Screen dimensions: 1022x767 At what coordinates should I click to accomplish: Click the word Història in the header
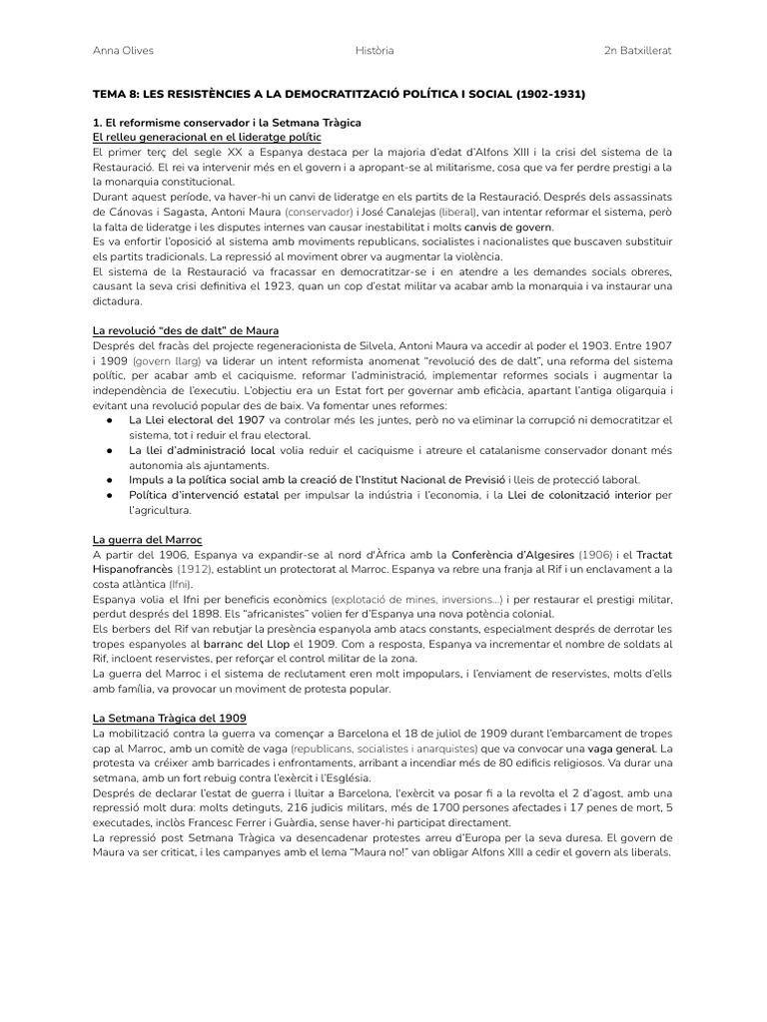pyautogui.click(x=374, y=51)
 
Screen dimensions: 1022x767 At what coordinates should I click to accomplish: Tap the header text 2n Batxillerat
pyautogui.click(x=638, y=51)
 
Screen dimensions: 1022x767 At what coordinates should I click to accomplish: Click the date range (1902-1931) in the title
pyautogui.click(x=550, y=95)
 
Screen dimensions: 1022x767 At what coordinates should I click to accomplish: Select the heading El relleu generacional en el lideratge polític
pyautogui.click(x=207, y=137)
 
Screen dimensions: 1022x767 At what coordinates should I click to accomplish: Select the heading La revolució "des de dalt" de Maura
pyautogui.click(x=186, y=330)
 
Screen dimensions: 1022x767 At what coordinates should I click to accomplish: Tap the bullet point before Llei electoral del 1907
pyautogui.click(x=109, y=420)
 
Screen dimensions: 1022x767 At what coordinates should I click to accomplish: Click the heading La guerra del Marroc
pyautogui.click(x=147, y=539)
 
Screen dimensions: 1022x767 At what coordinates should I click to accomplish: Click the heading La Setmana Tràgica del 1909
pyautogui.click(x=169, y=718)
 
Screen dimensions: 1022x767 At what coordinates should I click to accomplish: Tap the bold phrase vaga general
pyautogui.click(x=623, y=748)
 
